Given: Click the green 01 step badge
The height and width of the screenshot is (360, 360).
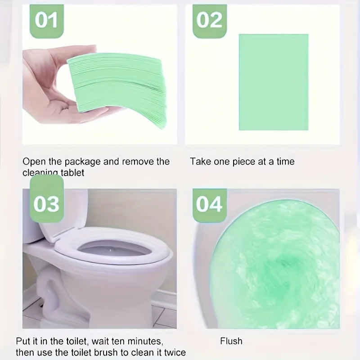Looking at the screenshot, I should tap(46, 20).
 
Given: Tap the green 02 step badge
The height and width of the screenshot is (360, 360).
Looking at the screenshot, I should tap(209, 20).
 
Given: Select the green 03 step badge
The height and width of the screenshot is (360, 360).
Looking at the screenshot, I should tap(46, 203).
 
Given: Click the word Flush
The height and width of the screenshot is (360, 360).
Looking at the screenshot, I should tap(231, 341).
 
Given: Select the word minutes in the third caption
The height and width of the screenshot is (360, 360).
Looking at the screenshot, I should tap(141, 341).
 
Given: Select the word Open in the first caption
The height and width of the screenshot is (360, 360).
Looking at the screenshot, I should tap(33, 162).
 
